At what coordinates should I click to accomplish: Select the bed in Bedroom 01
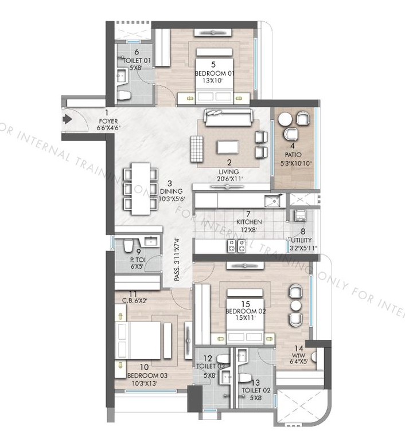213,77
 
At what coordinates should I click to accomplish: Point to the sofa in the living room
228,118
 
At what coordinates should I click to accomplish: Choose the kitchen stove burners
237,246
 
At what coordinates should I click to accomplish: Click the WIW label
298,354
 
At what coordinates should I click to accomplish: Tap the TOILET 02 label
255,390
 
